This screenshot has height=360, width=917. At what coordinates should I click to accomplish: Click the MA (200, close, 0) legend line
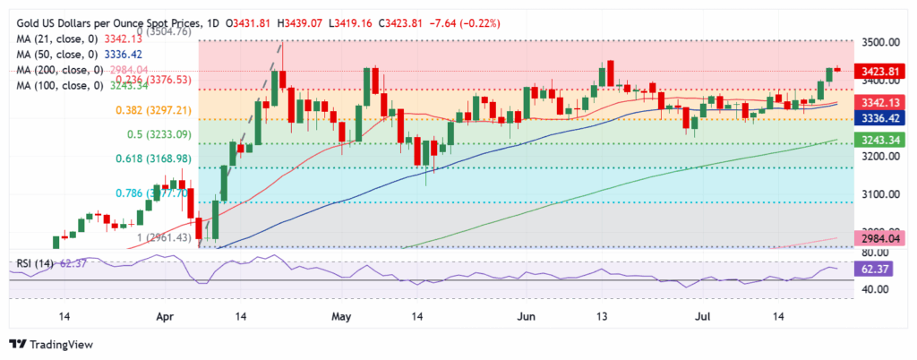click(x=68, y=69)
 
